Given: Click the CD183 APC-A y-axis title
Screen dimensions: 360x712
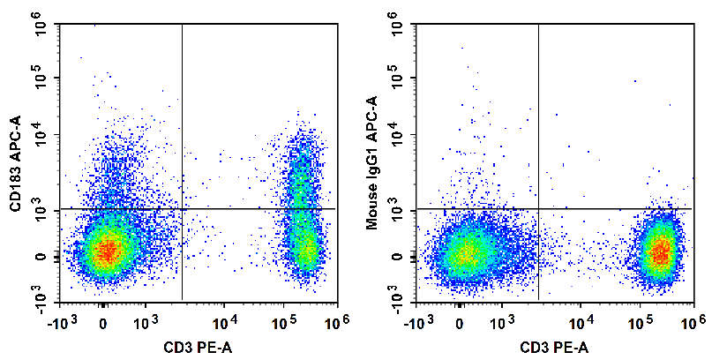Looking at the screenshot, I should pos(15,163).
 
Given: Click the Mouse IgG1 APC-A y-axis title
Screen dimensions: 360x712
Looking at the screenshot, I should pos(371,164).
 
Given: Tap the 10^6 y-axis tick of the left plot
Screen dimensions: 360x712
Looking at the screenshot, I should pos(41,28).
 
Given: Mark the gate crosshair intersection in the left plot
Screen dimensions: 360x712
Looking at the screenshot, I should pos(182,209).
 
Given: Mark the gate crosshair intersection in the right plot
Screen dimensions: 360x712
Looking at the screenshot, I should pos(538,209).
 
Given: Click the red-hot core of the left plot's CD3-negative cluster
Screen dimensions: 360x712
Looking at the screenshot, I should pos(106,251).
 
